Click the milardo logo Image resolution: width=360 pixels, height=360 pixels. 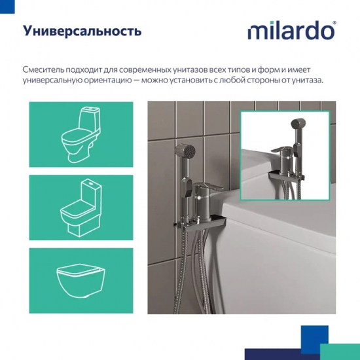[x=291, y=31]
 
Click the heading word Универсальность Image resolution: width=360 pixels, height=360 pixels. [x=82, y=31]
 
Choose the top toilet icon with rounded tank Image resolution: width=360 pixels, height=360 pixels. [x=81, y=134]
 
